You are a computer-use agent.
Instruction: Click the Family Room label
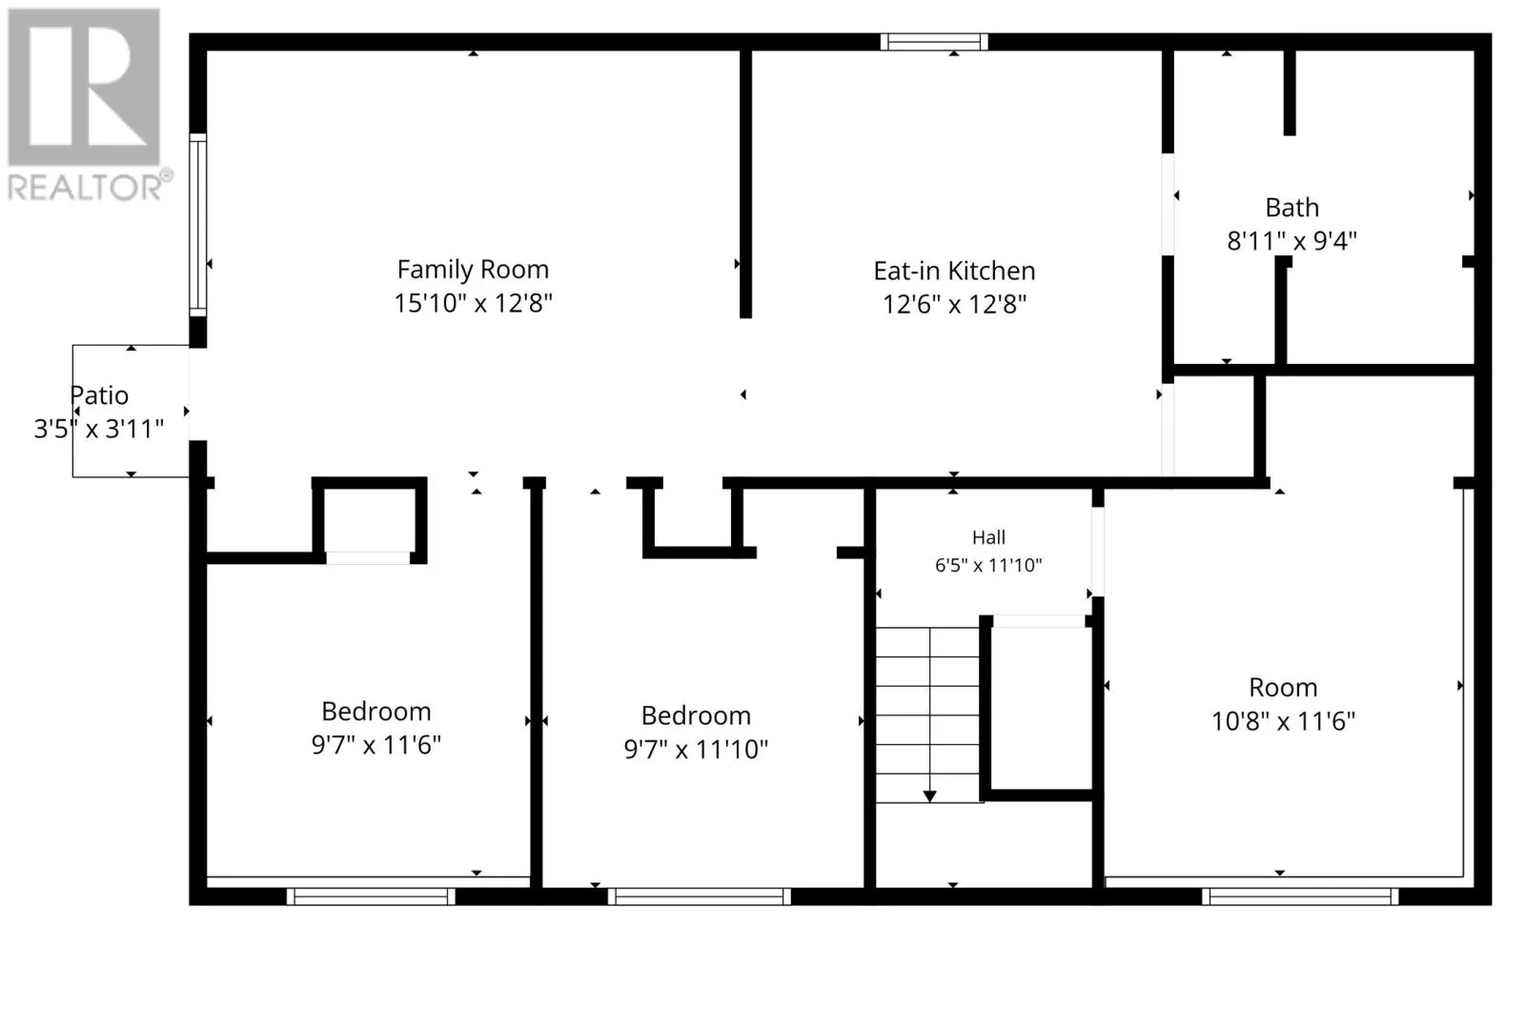coord(473,270)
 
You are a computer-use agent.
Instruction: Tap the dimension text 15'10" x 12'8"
coord(473,303)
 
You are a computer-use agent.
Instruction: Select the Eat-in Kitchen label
coord(954,271)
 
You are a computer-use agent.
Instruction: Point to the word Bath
coord(1292,208)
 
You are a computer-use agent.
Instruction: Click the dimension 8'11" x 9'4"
coord(1292,241)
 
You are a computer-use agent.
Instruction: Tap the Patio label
coord(99,395)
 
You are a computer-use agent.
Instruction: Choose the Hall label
coord(988,537)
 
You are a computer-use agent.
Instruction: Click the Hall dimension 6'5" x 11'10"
coord(988,565)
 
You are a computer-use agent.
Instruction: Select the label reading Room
coord(1283,687)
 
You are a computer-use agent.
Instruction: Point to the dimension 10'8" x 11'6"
coord(1283,721)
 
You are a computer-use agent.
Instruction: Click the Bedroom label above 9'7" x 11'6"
coord(376,712)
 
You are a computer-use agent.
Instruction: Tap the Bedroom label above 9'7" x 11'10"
coord(696,715)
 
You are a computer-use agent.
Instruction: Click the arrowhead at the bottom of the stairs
coord(929,796)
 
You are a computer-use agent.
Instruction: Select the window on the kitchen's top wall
coord(934,42)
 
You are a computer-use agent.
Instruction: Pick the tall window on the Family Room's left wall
coord(197,225)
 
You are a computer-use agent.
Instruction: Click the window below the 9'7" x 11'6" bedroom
coord(371,896)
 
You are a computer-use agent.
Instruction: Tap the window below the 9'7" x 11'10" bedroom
coord(700,896)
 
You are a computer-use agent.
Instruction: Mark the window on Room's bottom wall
coord(1300,896)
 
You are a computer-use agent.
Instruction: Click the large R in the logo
coord(84,87)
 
